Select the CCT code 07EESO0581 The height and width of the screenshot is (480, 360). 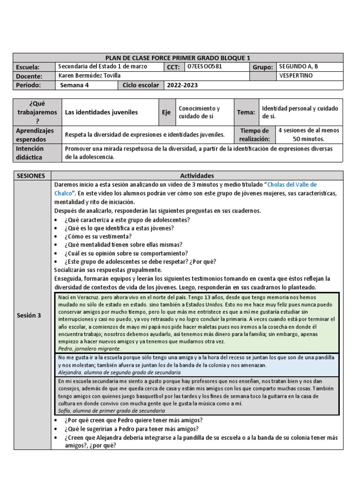(204, 67)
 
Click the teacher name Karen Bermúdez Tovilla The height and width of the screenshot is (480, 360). (88, 75)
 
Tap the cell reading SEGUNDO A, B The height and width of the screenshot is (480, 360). (298, 67)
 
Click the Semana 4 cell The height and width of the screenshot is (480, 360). (75, 85)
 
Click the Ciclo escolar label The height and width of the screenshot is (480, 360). (141, 85)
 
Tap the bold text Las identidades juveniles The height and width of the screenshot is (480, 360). (101, 112)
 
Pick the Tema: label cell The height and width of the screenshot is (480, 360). (246, 112)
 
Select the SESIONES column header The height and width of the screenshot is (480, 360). (31, 175)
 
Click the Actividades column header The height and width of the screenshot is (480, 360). (199, 175)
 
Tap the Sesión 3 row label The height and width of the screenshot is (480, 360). (29, 315)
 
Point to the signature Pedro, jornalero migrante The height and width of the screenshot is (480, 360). (90, 349)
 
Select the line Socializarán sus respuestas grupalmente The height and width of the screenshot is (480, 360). (108, 270)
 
